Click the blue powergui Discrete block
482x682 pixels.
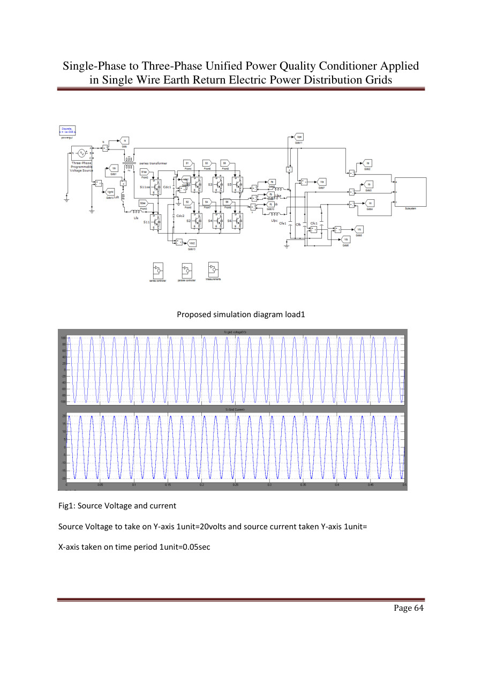67,130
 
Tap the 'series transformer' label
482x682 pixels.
153,163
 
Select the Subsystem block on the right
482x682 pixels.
411,191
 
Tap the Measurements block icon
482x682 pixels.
213,269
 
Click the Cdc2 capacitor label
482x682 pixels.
180,215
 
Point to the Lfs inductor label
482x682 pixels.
135,218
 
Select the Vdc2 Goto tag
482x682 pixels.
191,243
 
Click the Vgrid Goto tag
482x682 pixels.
111,191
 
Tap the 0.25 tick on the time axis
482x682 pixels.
236,484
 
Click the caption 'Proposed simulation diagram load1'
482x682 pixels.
241,314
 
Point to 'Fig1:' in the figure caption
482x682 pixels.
66,506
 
